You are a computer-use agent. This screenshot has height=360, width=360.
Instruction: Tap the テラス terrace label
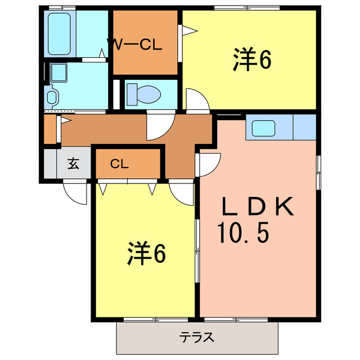[x=196, y=338]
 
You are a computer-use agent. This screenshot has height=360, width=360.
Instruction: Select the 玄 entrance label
[x=73, y=164]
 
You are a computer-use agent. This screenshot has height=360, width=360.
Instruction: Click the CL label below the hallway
[x=119, y=164]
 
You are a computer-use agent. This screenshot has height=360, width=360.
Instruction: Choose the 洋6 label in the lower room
[x=146, y=254]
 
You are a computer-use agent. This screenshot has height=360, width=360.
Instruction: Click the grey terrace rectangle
[x=197, y=338]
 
